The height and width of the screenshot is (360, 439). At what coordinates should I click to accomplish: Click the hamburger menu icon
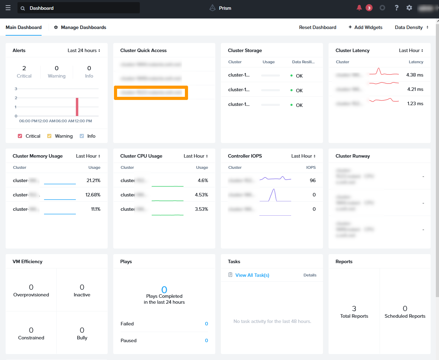click(8, 8)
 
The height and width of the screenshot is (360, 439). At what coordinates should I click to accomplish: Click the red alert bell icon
click(359, 8)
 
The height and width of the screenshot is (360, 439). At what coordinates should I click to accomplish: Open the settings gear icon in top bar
click(409, 8)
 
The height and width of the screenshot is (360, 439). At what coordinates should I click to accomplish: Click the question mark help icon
click(396, 8)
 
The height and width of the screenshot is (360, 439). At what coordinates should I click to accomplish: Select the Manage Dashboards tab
click(80, 27)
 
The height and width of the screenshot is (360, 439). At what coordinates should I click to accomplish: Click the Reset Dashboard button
click(317, 27)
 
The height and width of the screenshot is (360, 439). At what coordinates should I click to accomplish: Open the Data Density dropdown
click(411, 27)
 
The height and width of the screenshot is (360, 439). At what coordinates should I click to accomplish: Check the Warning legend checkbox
click(49, 136)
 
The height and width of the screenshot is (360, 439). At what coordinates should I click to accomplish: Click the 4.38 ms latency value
click(415, 75)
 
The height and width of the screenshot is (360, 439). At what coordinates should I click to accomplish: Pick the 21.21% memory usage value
click(93, 180)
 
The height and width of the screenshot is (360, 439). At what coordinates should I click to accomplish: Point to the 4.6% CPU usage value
click(203, 180)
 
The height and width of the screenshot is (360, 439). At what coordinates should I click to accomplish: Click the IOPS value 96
click(312, 180)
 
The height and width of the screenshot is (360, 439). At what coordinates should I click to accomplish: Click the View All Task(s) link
click(252, 275)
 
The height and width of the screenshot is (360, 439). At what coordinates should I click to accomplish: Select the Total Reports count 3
click(354, 308)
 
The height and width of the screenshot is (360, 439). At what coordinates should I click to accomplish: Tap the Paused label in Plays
click(129, 340)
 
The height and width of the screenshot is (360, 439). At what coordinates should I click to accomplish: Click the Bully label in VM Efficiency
click(82, 338)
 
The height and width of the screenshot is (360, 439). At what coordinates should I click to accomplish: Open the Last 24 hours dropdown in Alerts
click(84, 50)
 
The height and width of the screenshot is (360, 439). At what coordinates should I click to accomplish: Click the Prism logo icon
click(212, 8)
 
